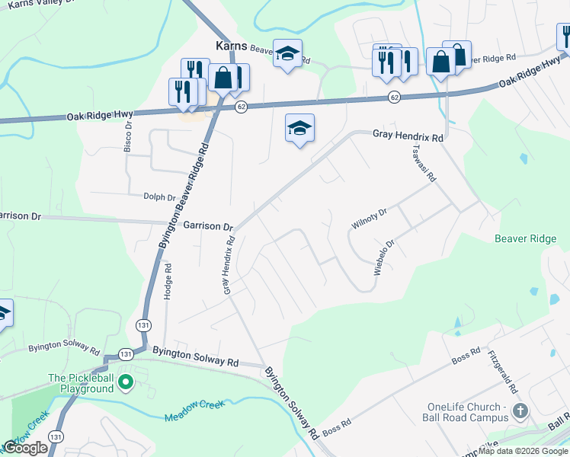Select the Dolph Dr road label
[x=159, y=197]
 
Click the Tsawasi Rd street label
[x=423, y=163]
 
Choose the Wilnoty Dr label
[x=370, y=219]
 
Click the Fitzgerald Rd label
[x=502, y=372]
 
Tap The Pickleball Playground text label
[x=81, y=383]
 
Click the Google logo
[x=26, y=448]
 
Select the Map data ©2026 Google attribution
[x=524, y=451]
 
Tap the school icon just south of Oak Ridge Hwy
[x=299, y=128]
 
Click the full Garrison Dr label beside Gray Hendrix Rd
[x=208, y=226]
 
